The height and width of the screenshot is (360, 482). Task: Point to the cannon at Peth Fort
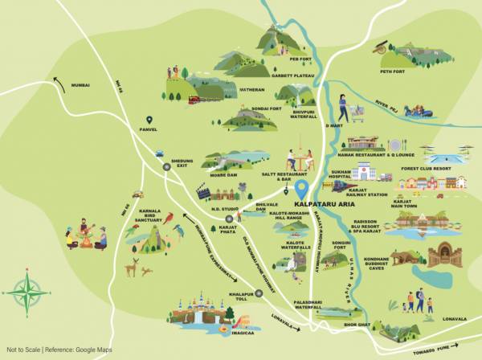coord(378,50)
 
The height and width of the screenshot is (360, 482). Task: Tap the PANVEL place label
coord(148,129)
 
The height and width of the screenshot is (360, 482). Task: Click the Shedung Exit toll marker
coord(166,167)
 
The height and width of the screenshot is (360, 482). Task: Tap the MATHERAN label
coord(251,91)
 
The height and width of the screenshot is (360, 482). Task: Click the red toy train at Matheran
coord(194,100)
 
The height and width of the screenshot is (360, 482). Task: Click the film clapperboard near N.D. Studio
coord(204,192)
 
